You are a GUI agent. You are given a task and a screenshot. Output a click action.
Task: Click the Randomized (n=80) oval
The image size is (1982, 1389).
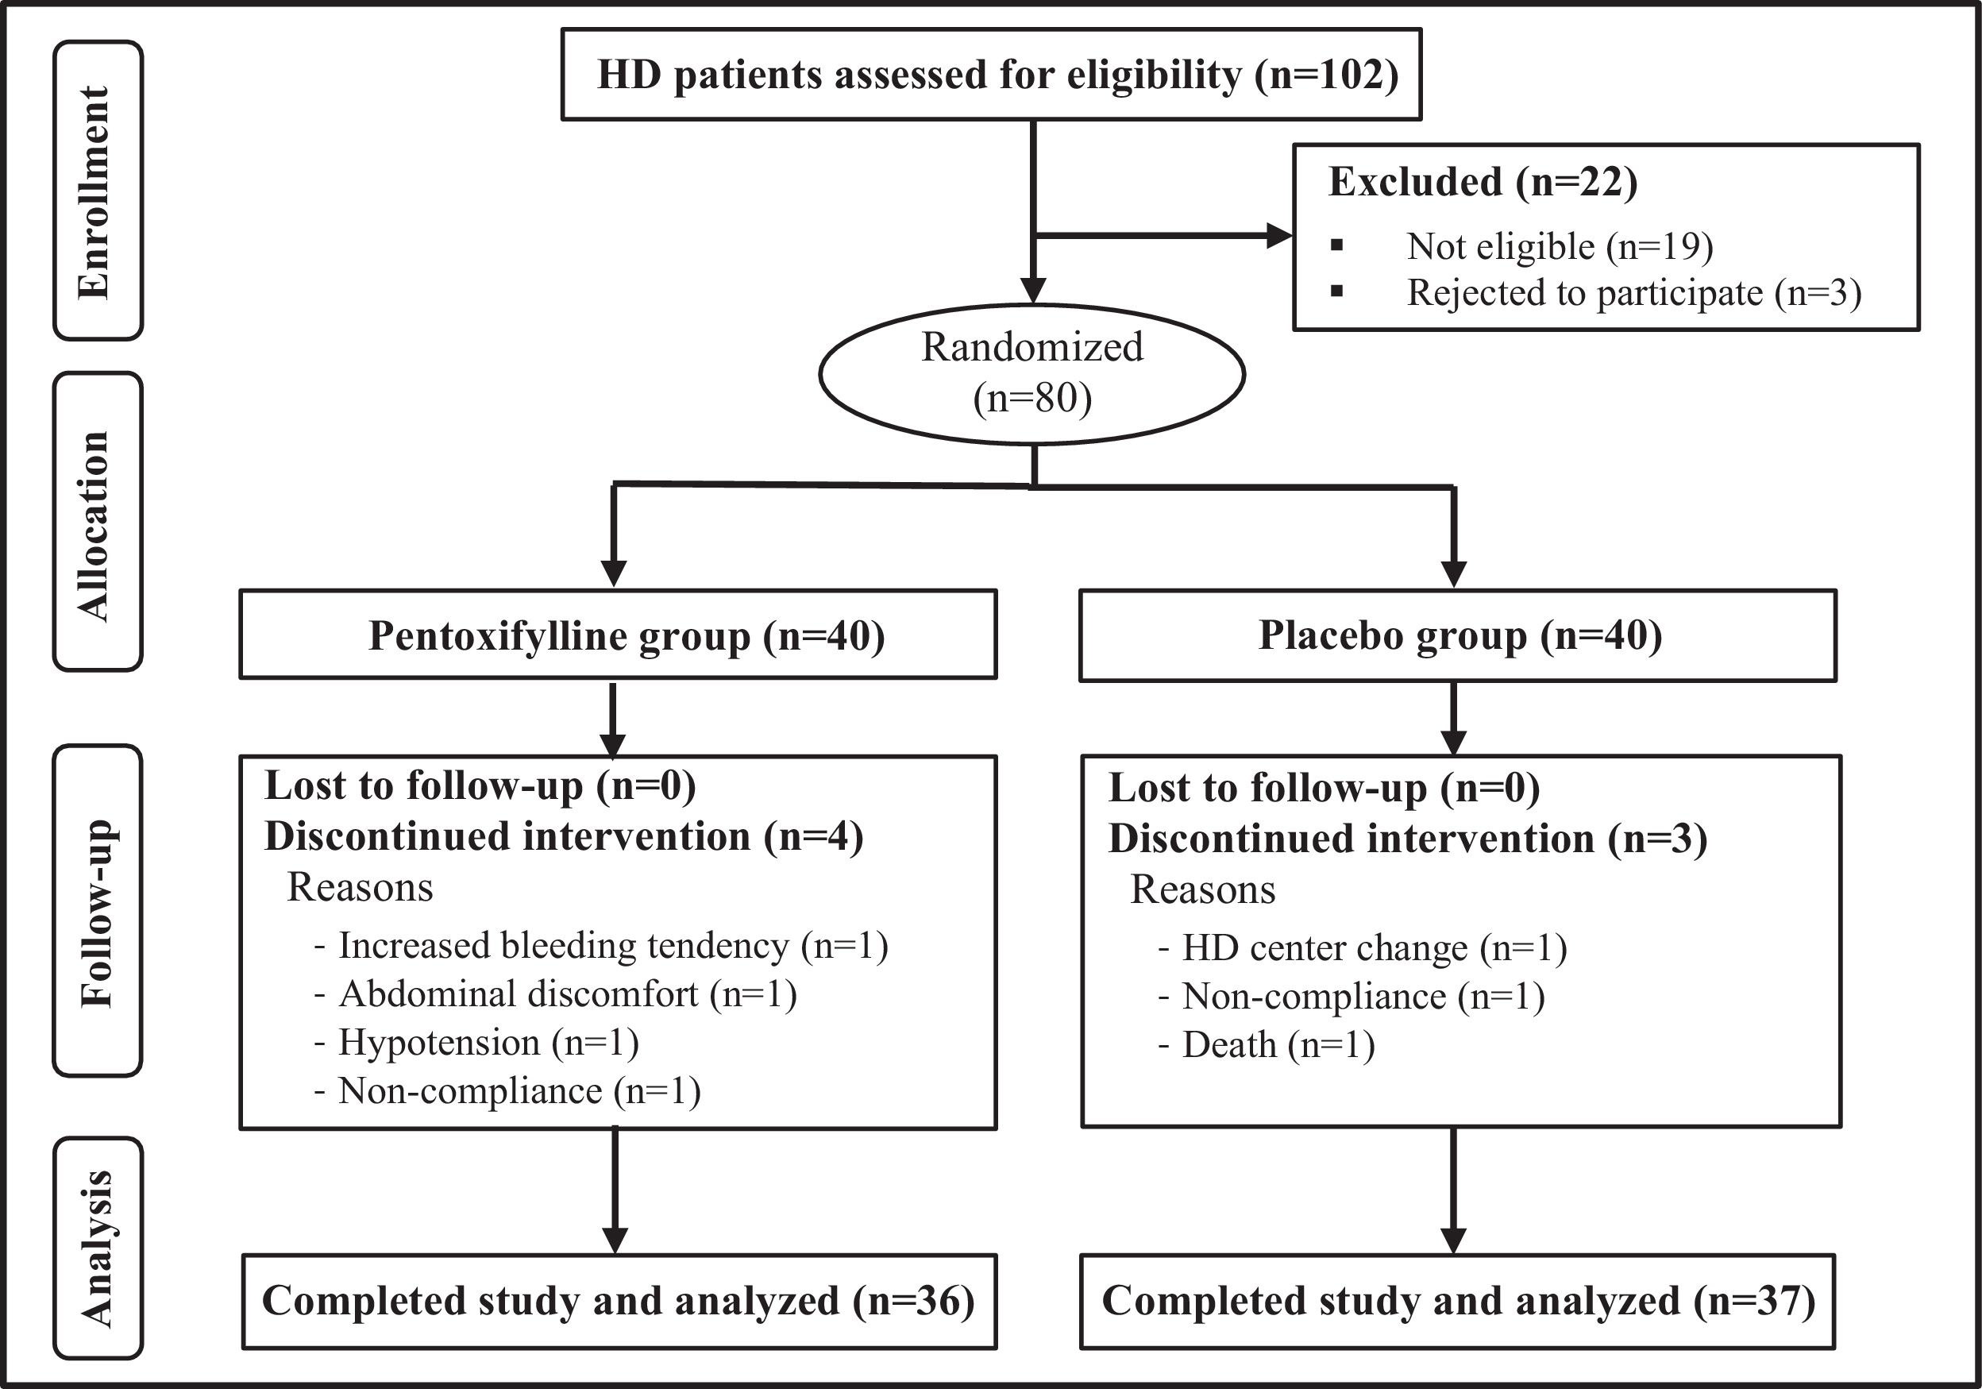(x=1031, y=374)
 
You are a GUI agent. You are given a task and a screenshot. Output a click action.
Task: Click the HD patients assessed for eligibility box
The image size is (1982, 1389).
(x=991, y=74)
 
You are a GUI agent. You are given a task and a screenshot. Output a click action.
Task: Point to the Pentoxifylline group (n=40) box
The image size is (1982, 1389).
(x=618, y=635)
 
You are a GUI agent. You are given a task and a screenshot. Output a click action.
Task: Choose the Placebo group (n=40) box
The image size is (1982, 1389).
(x=1458, y=635)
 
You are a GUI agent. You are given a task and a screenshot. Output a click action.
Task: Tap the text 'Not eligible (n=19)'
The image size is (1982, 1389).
(x=1560, y=246)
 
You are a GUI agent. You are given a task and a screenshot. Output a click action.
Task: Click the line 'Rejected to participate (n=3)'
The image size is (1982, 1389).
(x=1634, y=292)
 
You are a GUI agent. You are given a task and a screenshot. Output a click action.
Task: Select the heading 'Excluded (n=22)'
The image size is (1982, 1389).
(x=1483, y=182)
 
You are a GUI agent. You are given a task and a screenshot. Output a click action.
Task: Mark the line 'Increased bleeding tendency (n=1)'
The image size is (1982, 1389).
(x=613, y=946)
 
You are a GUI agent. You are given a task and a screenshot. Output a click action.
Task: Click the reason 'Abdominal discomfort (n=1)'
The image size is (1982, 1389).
(x=567, y=994)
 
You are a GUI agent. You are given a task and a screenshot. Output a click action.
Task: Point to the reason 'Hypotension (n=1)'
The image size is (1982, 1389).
(x=488, y=1043)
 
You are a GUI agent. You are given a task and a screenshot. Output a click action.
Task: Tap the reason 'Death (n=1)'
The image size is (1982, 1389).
(x=1278, y=1045)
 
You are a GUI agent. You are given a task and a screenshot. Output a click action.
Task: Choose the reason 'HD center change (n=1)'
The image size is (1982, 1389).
(x=1375, y=949)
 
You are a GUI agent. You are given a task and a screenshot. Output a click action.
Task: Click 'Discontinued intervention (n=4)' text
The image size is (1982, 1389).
(x=564, y=836)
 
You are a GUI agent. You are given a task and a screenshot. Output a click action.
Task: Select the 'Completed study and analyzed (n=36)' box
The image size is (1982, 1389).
(x=619, y=1301)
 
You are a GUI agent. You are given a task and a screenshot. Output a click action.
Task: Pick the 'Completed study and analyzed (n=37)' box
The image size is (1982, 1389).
(x=1458, y=1301)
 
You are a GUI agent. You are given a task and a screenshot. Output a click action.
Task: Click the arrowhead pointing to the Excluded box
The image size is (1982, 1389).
(x=1279, y=236)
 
